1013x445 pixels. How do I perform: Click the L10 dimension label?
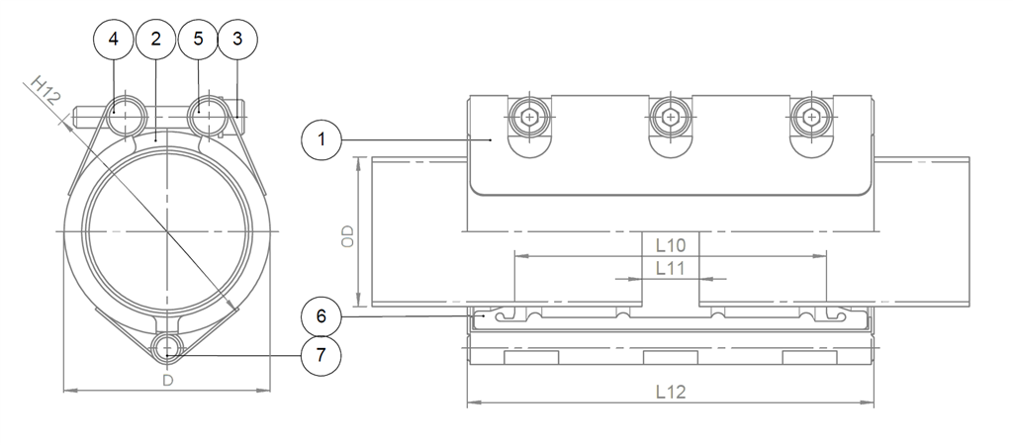[x=672, y=242]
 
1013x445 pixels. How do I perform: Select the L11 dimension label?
[x=672, y=267]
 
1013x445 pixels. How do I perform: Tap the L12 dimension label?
[x=672, y=391]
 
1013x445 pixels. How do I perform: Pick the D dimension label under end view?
[x=167, y=380]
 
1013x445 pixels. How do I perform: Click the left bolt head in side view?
[x=532, y=117]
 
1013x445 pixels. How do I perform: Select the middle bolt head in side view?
[x=673, y=117]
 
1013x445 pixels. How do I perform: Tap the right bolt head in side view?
[x=812, y=117]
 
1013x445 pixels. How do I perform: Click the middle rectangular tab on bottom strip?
[x=672, y=357]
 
